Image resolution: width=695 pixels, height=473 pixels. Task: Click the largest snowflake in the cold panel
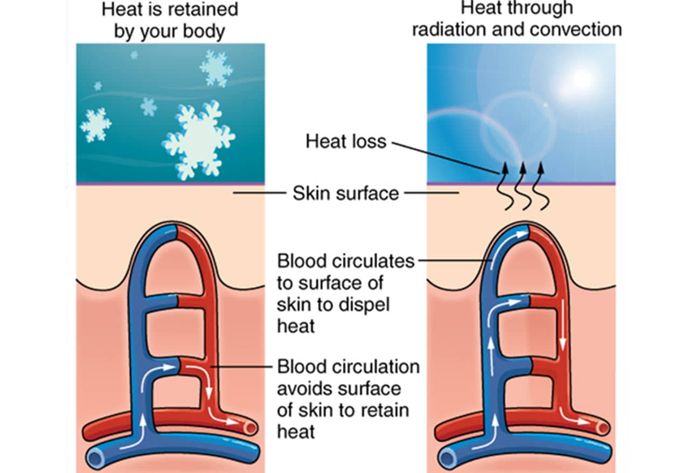(x=198, y=139)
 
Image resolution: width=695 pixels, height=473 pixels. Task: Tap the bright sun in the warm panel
(x=581, y=79)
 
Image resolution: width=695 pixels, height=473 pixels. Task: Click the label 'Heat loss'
(x=346, y=141)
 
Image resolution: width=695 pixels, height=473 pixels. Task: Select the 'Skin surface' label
(x=345, y=193)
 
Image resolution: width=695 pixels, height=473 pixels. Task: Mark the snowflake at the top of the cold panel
(x=216, y=68)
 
